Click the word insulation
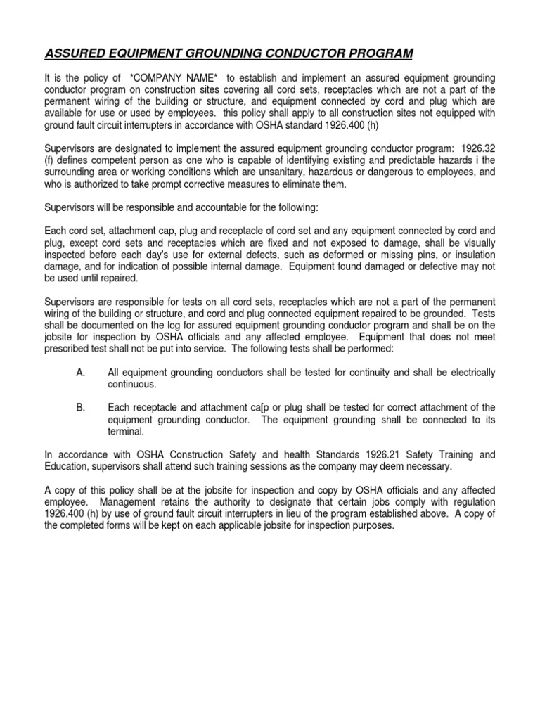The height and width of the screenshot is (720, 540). coord(471,254)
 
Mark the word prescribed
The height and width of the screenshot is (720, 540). coord(69,348)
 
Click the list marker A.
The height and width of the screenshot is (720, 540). coord(80,372)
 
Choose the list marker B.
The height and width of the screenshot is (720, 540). coord(80,408)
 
